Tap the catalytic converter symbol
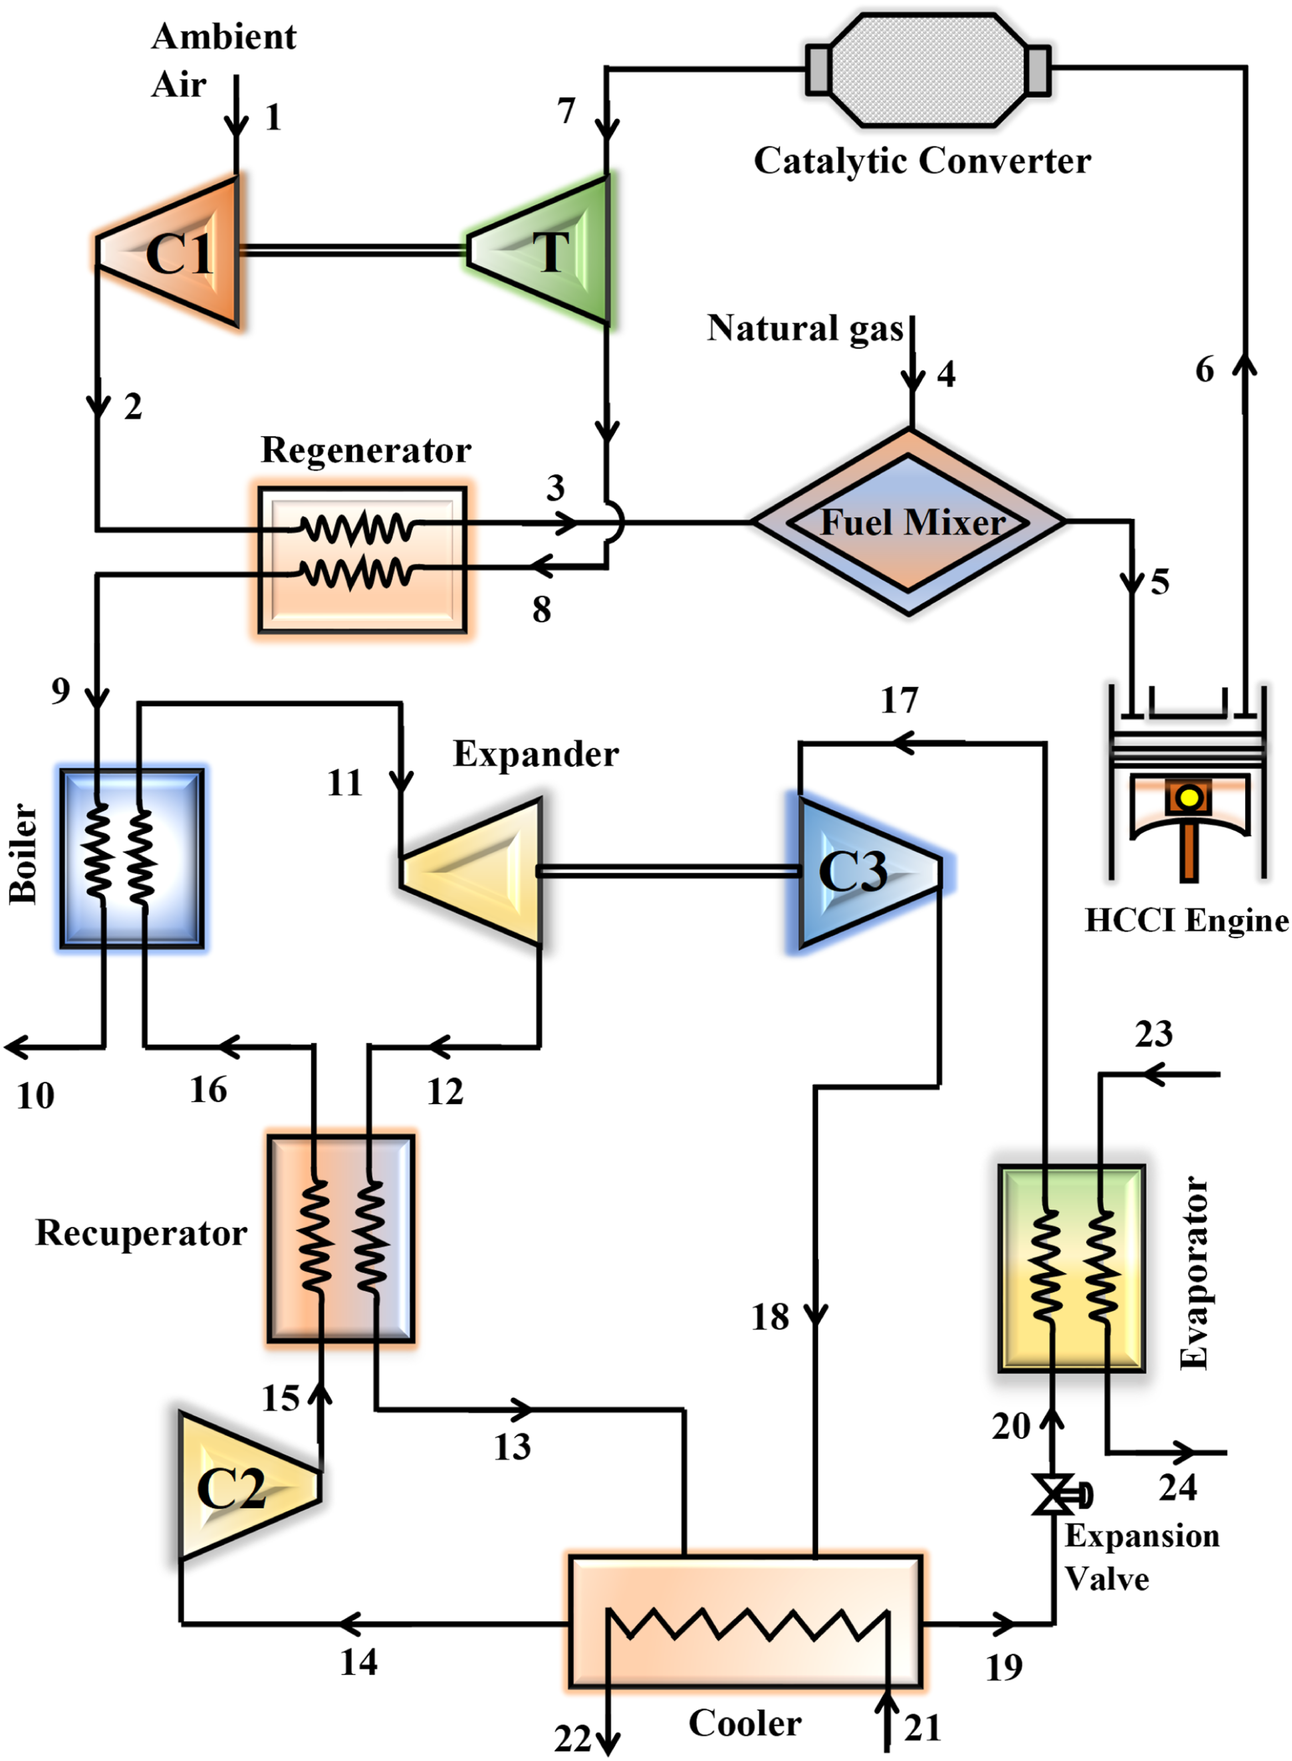pyautogui.click(x=928, y=69)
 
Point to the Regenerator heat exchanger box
pyautogui.click(x=363, y=559)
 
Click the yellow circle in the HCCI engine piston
pyautogui.click(x=1189, y=798)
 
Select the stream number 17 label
pyautogui.click(x=899, y=700)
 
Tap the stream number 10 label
pyautogui.click(x=36, y=1096)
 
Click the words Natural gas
pyautogui.click(x=805, y=329)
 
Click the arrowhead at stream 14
pyautogui.click(x=349, y=1624)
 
